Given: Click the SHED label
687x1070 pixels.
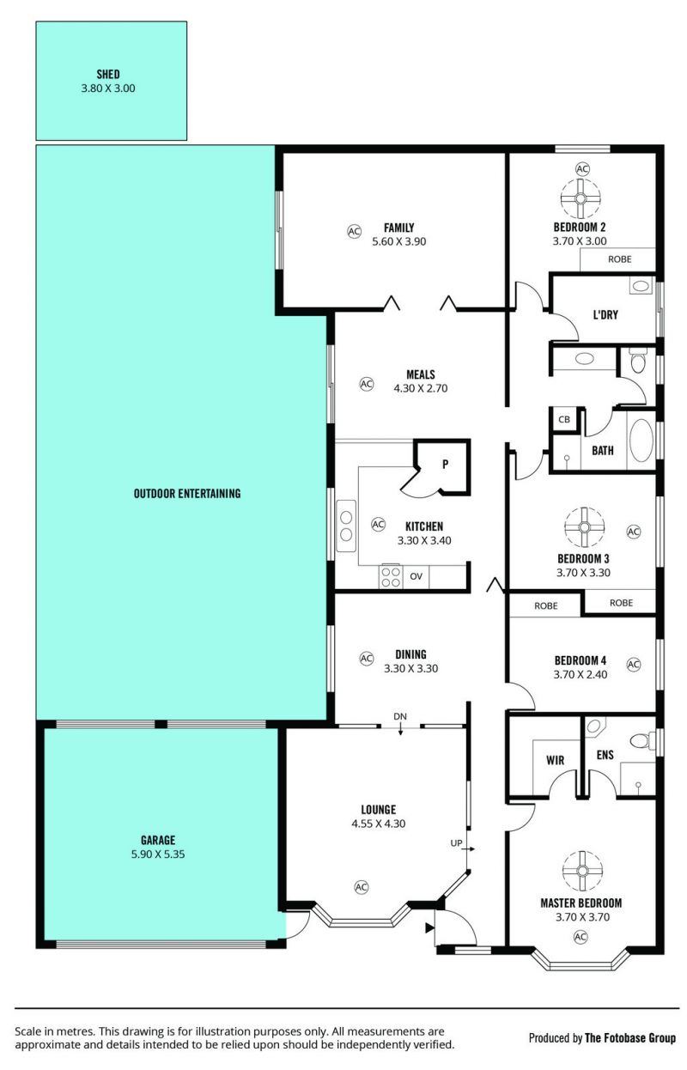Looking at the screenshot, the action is tap(108, 74).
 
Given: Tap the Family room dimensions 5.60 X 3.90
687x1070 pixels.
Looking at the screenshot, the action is tap(399, 241).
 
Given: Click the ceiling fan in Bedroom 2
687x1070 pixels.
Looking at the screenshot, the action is tap(581, 198).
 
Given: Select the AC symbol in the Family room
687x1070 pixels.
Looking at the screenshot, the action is tap(354, 232).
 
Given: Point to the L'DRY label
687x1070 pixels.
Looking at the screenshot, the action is tap(605, 315).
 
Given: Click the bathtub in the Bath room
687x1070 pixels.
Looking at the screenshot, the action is tap(641, 440).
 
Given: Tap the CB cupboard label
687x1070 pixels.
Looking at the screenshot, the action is tap(563, 419).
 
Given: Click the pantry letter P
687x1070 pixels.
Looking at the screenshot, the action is tap(445, 464).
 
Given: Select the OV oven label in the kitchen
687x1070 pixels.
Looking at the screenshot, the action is tap(416, 576).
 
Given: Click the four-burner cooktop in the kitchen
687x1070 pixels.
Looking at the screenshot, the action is tap(391, 576).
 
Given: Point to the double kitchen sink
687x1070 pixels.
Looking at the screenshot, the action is tap(346, 526).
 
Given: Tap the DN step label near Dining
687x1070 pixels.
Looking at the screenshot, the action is tap(400, 716).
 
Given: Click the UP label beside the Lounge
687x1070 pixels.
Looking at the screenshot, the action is tap(456, 843).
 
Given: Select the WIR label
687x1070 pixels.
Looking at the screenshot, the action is tap(555, 760).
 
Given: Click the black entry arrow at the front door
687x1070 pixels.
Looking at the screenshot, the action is tap(429, 927).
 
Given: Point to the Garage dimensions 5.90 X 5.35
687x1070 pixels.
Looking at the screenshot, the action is tap(158, 854).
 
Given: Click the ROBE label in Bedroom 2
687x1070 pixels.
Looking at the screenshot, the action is tap(620, 259).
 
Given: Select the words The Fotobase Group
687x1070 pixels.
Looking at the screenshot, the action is tap(630, 1037).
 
